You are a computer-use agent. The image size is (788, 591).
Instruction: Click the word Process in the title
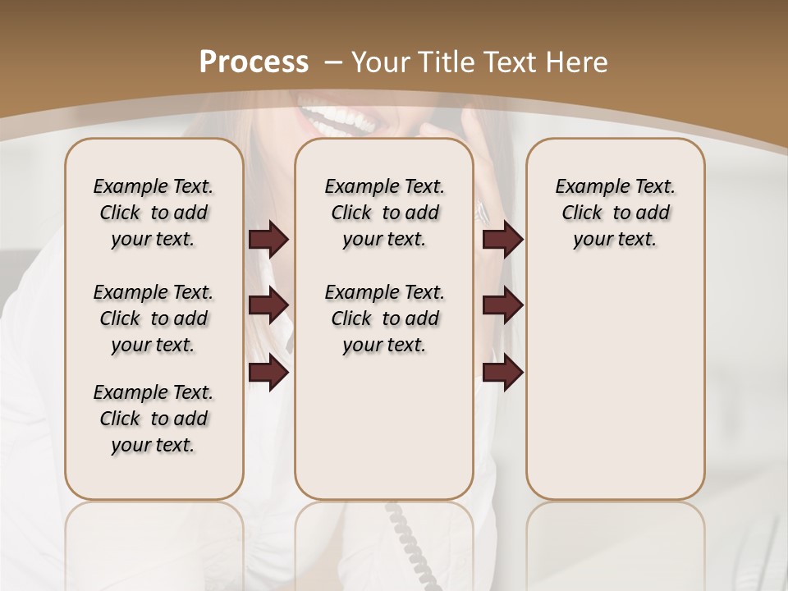254,62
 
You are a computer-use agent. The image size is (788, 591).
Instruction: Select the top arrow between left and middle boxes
268,239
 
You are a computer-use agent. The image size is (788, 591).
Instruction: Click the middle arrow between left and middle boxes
268,305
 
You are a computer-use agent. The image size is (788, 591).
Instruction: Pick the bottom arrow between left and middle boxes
268,373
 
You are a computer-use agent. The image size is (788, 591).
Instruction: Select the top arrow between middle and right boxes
502,239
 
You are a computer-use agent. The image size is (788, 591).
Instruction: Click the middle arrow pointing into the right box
502,305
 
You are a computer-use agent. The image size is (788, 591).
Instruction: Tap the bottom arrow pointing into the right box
502,373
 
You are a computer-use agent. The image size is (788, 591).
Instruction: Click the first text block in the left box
153,213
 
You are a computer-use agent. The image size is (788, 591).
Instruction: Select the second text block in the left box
153,318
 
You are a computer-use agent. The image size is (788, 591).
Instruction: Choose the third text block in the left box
153,419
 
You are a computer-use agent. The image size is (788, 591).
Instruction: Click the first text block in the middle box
384,213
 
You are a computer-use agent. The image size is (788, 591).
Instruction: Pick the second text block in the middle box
384,318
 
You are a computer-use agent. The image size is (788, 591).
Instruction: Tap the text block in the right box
615,213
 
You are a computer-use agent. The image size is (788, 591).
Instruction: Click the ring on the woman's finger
482,212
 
